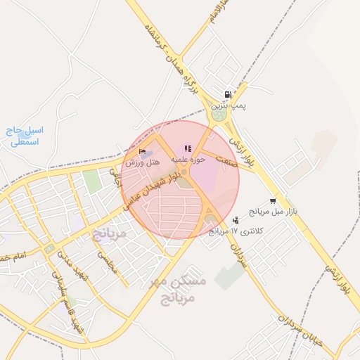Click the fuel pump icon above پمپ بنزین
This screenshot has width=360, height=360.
coord(227,95)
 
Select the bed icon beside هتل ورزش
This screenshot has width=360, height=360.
coord(143,151)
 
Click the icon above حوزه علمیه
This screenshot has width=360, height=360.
coord(187,149)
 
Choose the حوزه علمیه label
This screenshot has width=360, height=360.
coord(188,160)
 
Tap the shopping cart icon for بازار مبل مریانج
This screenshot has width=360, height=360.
coord(273,201)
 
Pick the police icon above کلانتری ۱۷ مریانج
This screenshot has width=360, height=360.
coord(236,221)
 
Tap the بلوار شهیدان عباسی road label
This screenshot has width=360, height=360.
coord(153,184)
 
